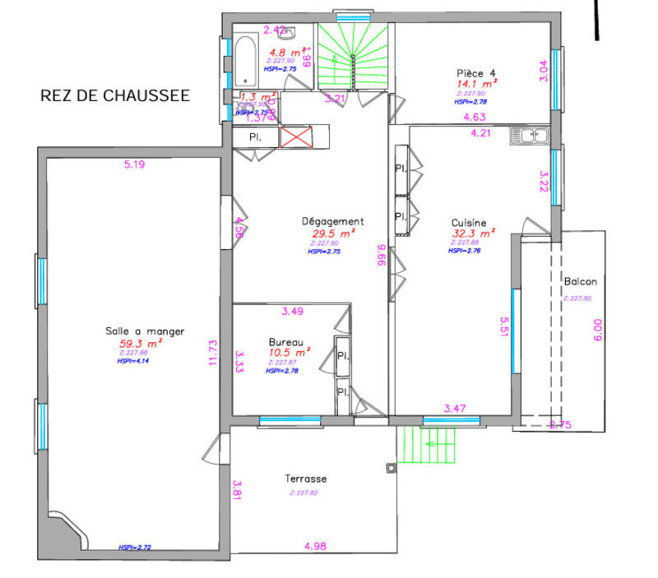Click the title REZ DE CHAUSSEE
click(115, 95)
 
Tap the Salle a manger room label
click(145, 331)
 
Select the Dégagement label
click(332, 221)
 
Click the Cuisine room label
click(469, 222)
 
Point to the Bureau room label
click(287, 342)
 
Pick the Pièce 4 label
click(477, 72)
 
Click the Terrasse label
click(306, 479)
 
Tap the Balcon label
click(580, 282)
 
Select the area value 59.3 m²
click(141, 344)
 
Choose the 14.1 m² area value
click(475, 83)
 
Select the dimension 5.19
click(134, 164)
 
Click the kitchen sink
click(529, 135)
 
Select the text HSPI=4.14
click(132, 360)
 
